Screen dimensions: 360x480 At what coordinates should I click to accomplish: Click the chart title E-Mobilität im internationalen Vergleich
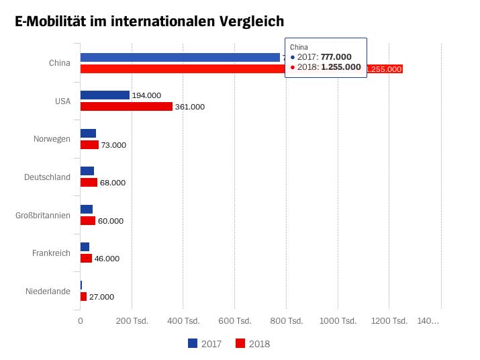click(149, 22)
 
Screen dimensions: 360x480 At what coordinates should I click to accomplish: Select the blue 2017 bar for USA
click(105, 95)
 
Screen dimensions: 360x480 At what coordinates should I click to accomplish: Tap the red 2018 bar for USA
click(126, 107)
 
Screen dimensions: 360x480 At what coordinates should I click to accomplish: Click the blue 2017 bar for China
click(180, 57)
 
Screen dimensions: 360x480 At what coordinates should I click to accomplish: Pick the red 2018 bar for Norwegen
click(89, 144)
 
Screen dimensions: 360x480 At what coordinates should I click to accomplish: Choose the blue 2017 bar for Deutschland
click(87, 171)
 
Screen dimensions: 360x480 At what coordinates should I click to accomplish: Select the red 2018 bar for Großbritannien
click(87, 220)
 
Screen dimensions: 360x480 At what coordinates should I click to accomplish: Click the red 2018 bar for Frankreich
click(86, 259)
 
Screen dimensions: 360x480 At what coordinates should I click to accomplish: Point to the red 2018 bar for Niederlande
click(83, 296)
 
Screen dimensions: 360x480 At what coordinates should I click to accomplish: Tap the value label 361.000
click(190, 107)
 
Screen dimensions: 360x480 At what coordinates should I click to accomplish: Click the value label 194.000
click(146, 95)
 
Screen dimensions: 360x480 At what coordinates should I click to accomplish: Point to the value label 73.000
click(113, 145)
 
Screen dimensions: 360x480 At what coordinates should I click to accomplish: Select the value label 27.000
click(101, 297)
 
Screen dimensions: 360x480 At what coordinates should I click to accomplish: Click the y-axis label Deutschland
click(47, 177)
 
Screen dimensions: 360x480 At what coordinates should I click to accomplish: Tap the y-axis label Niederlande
click(48, 291)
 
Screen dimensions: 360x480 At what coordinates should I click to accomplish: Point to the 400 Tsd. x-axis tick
click(184, 322)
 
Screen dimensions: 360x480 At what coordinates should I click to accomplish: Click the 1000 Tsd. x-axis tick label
click(338, 322)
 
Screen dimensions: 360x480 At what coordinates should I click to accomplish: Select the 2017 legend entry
click(205, 344)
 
